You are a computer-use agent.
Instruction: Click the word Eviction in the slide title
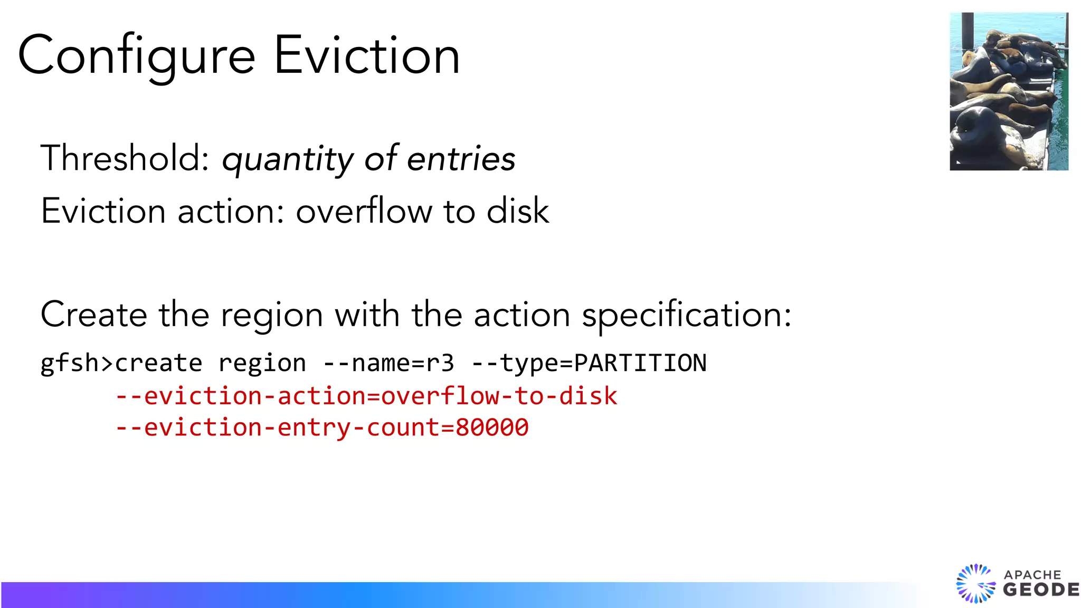point(366,55)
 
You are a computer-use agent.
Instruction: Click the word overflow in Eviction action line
point(364,211)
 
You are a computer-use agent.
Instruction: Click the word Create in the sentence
point(93,315)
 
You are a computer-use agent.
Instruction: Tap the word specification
point(686,316)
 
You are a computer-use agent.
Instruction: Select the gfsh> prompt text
point(77,364)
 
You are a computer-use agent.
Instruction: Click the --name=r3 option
point(388,364)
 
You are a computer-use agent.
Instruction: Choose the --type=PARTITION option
point(589,364)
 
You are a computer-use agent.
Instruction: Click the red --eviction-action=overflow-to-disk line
point(366,396)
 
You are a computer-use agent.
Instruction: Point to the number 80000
point(492,427)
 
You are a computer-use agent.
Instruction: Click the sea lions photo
point(1009,91)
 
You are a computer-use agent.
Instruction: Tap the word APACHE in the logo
point(1032,575)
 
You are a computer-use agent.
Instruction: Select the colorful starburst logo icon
point(975,583)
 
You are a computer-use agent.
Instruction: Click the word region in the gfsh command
point(262,364)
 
